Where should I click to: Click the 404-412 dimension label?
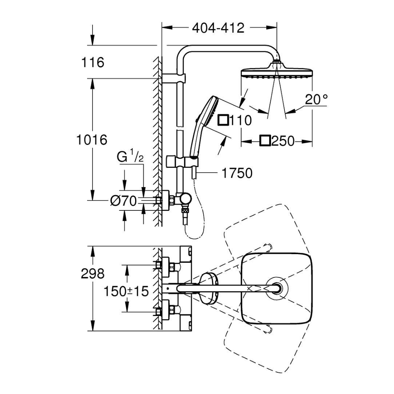coord(218,28)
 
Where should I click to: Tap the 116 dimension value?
coord(93,62)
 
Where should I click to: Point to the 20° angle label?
coord(316,99)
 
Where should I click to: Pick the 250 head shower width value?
coord(283,141)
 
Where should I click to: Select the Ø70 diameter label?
coord(123,201)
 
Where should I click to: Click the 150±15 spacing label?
coord(126,292)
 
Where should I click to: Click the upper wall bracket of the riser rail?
coord(173,78)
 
